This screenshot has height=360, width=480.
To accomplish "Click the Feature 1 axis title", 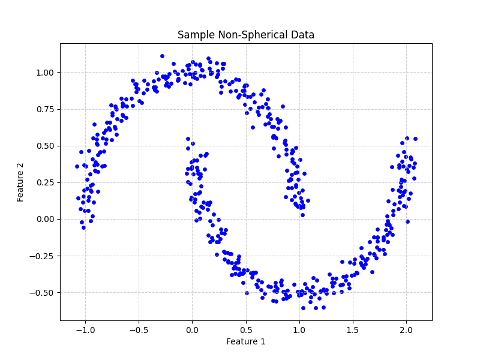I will (x=245, y=341).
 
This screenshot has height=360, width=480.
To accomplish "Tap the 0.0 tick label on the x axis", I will (x=192, y=329).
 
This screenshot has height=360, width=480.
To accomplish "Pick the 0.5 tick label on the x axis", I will (x=245, y=329).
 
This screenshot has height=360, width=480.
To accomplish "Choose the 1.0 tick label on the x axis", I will (x=299, y=329).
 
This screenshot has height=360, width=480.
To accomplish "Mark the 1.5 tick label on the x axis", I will (x=353, y=329).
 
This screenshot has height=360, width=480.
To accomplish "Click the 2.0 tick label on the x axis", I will (x=406, y=329).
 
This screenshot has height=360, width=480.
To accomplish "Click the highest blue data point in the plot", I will (x=162, y=56).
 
